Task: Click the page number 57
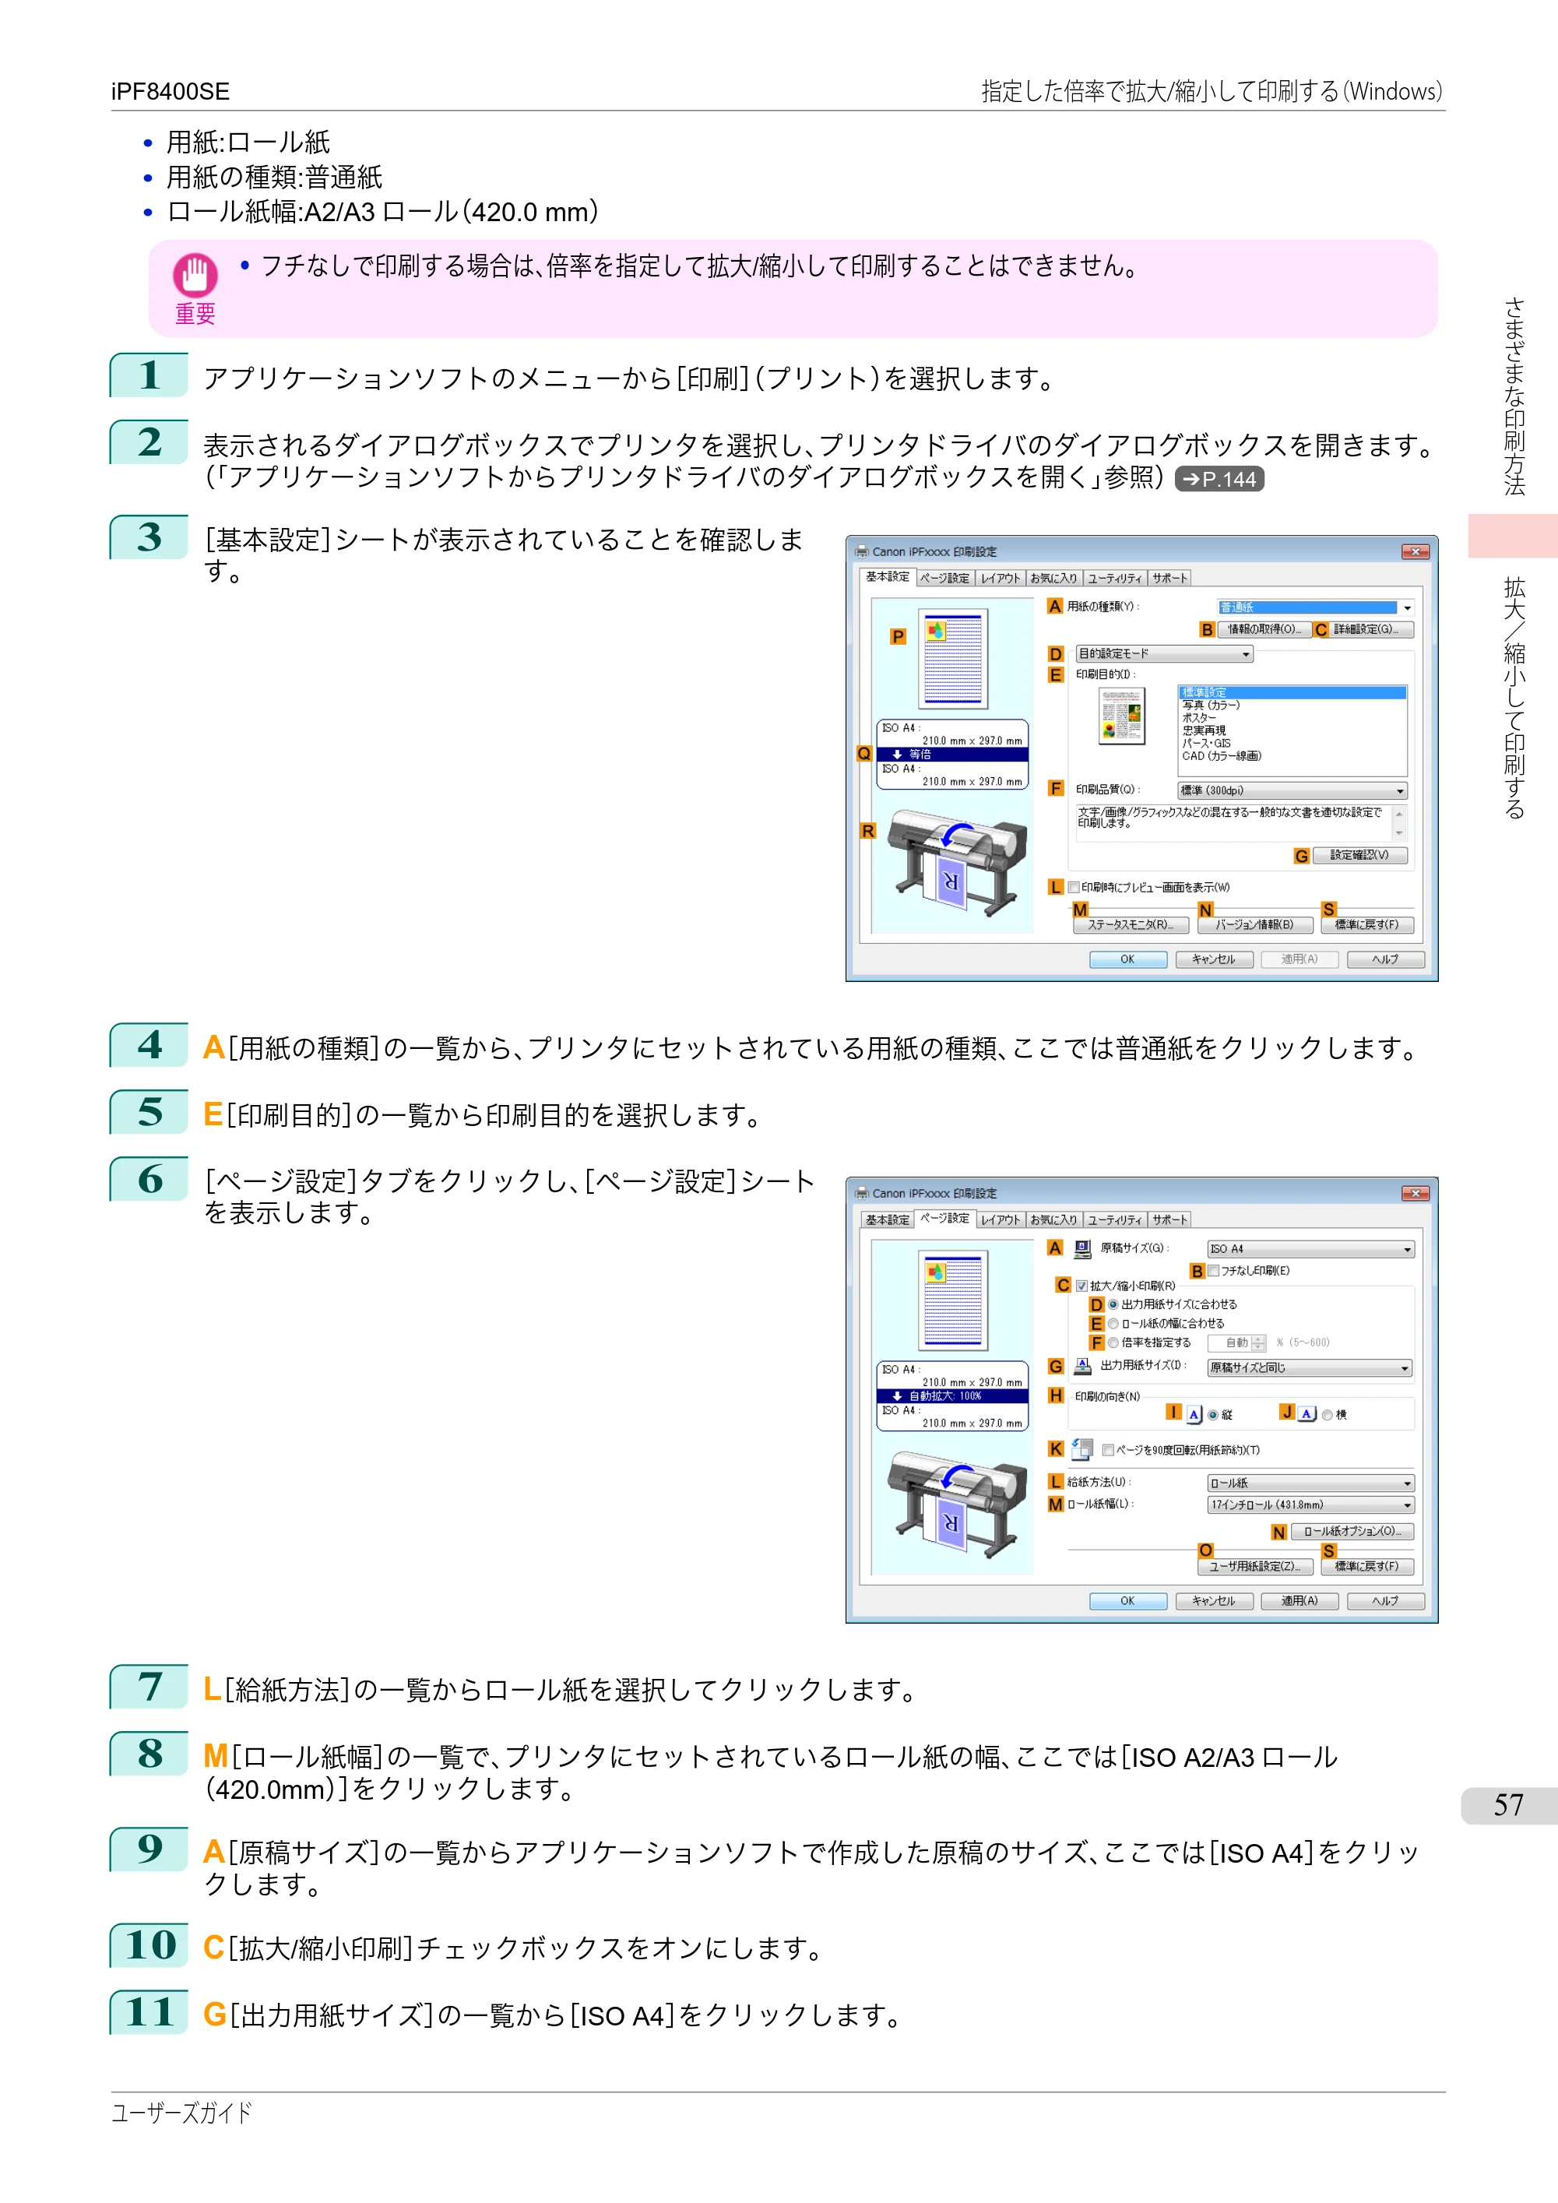coord(1508,1805)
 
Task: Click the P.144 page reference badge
coord(1219,479)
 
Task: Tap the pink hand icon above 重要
coord(195,276)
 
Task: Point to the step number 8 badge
coord(149,1753)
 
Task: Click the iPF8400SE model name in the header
coord(170,91)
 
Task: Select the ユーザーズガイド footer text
coord(181,2113)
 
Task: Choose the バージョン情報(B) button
coord(1255,925)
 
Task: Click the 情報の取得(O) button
coord(1264,629)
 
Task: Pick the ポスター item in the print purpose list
coord(1199,718)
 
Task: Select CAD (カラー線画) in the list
coord(1222,756)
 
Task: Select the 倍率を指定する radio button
coord(1114,1343)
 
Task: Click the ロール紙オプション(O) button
coord(1352,1531)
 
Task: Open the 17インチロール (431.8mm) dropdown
coord(1310,1504)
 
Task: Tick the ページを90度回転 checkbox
coord(1108,1450)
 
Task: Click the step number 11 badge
coord(149,2012)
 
